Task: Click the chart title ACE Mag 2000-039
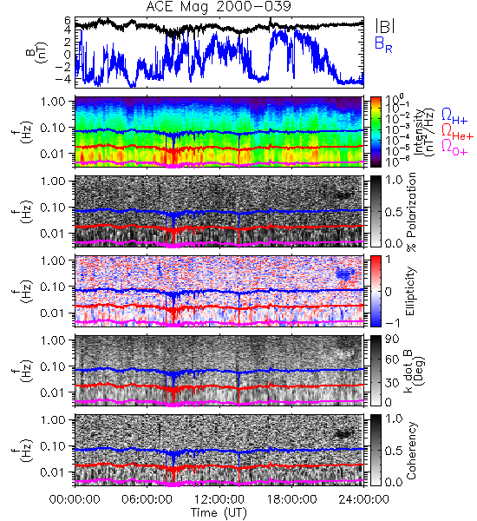click(219, 6)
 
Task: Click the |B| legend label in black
click(385, 26)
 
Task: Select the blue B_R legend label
click(383, 44)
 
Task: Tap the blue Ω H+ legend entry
click(454, 116)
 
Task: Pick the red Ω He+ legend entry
click(457, 132)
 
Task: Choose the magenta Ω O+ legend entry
click(454, 148)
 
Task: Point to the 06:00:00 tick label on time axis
click(147, 499)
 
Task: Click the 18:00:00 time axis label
click(291, 499)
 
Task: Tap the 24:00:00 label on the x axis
click(363, 499)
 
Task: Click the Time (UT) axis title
click(219, 513)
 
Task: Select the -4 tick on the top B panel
click(64, 79)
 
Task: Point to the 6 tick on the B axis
click(68, 20)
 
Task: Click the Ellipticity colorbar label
click(410, 291)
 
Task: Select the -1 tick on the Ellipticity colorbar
click(393, 323)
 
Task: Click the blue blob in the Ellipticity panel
click(344, 274)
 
